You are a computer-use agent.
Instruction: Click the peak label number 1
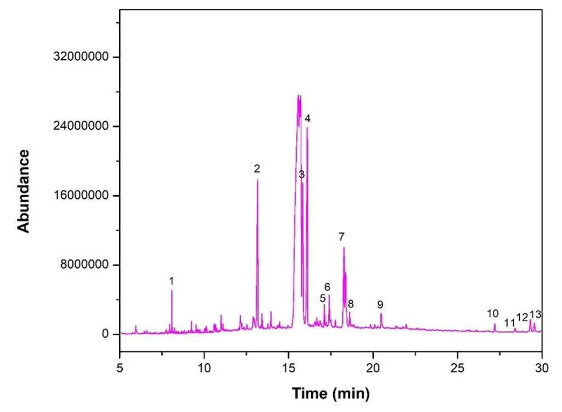171,281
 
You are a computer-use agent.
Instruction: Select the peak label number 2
256,169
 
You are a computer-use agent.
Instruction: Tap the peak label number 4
307,119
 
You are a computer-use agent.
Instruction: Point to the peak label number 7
341,237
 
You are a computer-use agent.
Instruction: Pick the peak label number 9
380,305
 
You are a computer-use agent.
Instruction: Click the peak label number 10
492,313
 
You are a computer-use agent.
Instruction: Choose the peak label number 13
536,314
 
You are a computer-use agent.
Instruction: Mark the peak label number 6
327,287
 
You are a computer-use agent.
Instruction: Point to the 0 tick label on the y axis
105,334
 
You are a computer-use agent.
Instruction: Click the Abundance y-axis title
24,191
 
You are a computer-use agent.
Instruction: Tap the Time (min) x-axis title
331,393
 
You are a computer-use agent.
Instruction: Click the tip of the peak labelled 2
257,180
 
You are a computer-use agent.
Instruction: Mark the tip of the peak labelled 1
172,290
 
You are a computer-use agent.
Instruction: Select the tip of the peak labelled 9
381,313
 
